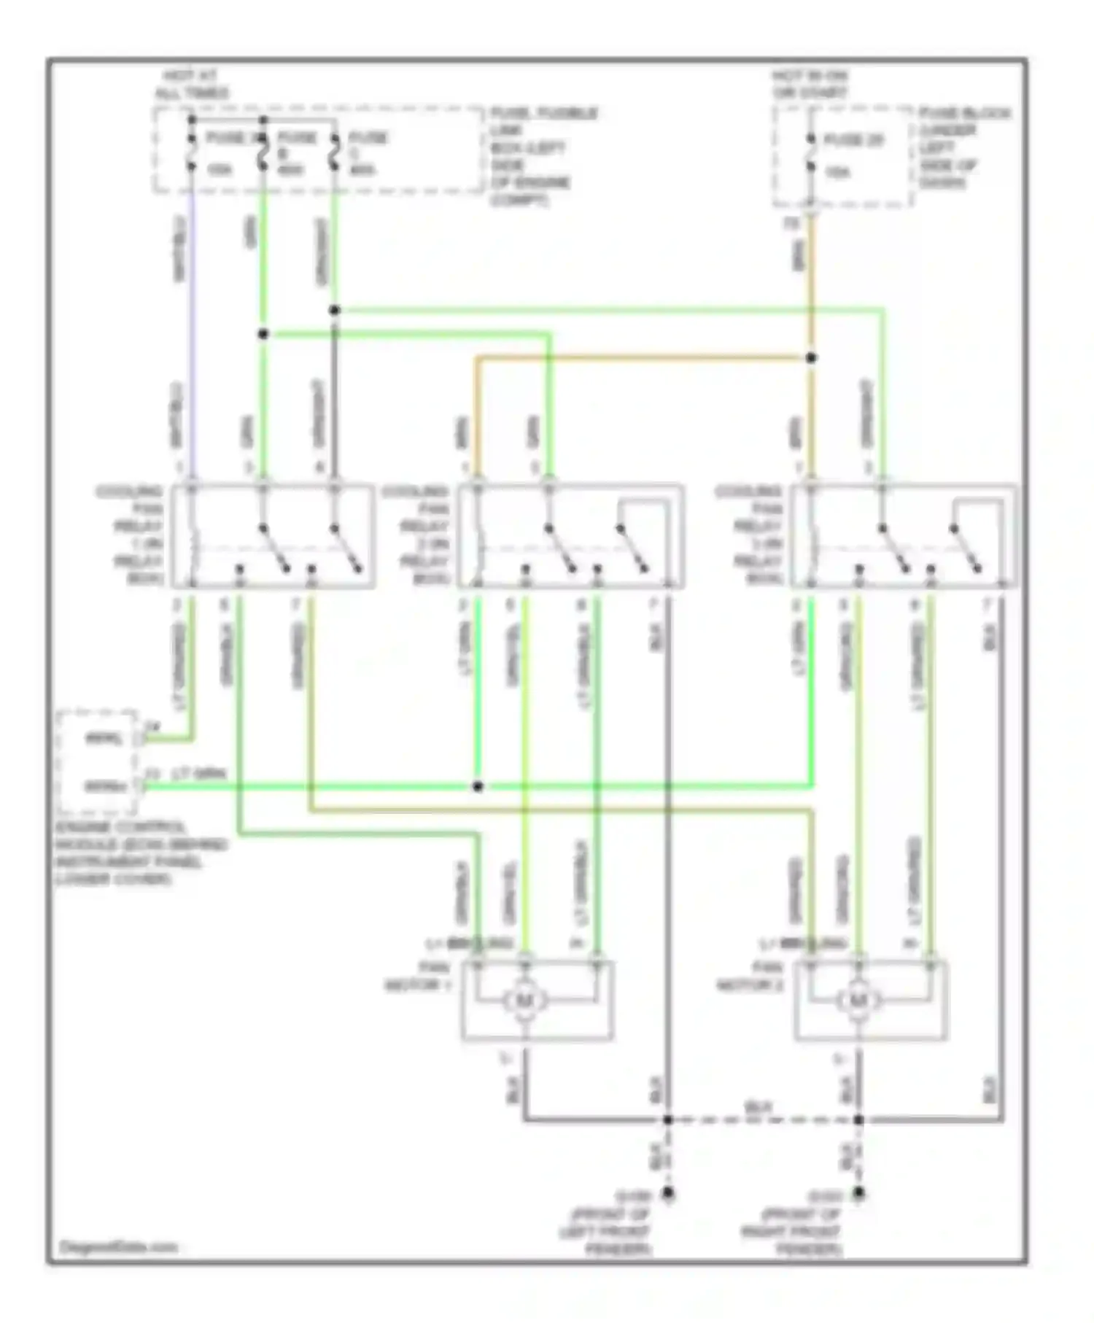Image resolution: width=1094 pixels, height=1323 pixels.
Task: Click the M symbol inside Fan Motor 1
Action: pos(524,1000)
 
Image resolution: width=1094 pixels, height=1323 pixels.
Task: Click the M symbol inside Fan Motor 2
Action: pos(858,1000)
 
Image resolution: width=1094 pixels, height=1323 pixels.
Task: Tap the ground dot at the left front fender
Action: pos(667,1194)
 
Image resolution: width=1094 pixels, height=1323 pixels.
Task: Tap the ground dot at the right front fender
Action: pos(859,1194)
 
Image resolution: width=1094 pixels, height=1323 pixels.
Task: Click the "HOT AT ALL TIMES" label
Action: pos(191,85)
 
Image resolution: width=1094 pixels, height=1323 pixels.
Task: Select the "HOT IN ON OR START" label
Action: pos(810,85)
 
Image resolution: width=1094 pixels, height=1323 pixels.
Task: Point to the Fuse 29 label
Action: pos(853,140)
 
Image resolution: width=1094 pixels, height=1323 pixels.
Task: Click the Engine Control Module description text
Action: pos(139,853)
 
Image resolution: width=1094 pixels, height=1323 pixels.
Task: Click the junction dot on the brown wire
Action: pos(811,357)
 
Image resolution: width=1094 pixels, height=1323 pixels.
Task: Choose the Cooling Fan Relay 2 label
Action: pos(421,535)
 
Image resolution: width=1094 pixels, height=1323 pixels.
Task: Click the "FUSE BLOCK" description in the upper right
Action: pos(963,147)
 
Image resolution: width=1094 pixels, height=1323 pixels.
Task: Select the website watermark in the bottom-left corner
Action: pos(118,1247)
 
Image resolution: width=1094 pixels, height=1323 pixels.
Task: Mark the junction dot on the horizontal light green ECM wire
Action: pos(478,786)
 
